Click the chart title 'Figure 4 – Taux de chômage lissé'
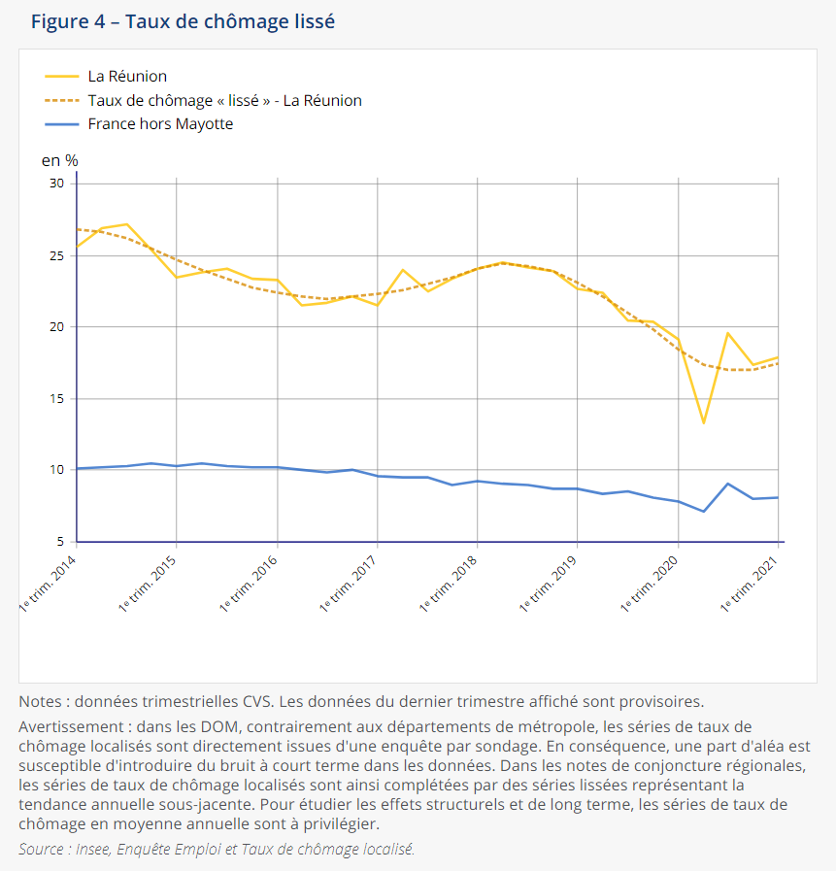pyautogui.click(x=183, y=22)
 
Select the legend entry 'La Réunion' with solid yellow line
pyautogui.click(x=106, y=76)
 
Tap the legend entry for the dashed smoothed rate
pyautogui.click(x=203, y=101)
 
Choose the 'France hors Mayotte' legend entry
pyautogui.click(x=139, y=124)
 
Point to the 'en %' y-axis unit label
pyautogui.click(x=59, y=160)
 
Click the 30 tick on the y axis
pyautogui.click(x=56, y=184)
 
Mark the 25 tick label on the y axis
pyautogui.click(x=56, y=256)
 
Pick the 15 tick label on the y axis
pyautogui.click(x=56, y=399)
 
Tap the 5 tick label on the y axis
pyautogui.click(x=60, y=541)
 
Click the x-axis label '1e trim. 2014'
pyautogui.click(x=48, y=584)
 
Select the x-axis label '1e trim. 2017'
pyautogui.click(x=349, y=584)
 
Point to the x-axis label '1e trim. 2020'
pyautogui.click(x=649, y=584)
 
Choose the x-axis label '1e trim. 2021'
pyautogui.click(x=749, y=584)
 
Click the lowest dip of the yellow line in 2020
pyautogui.click(x=703, y=423)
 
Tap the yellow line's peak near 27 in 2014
pyautogui.click(x=126, y=224)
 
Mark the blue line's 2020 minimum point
pyautogui.click(x=703, y=511)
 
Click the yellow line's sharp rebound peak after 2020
pyautogui.click(x=727, y=333)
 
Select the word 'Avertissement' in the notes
pyautogui.click(x=71, y=727)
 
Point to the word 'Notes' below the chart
pyautogui.click(x=40, y=702)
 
